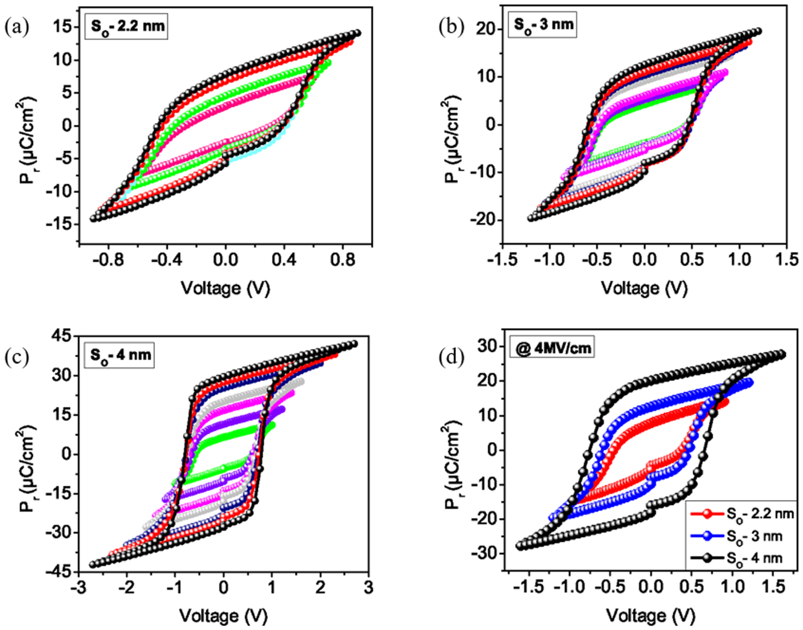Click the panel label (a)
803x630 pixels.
[x=16, y=27]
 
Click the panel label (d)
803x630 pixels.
[x=451, y=358]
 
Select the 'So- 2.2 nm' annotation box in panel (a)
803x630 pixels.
[x=127, y=26]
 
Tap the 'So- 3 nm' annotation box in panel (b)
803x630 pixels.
[x=542, y=25]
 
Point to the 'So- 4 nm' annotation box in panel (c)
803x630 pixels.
[x=120, y=355]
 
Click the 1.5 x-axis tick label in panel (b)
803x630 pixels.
[x=786, y=260]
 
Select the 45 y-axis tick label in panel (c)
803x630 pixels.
[x=60, y=336]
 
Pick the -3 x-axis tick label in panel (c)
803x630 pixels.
[x=76, y=588]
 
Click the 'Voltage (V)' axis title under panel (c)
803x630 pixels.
[x=223, y=615]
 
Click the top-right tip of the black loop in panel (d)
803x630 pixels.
[x=781, y=354]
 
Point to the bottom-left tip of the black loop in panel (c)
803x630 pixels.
[x=93, y=564]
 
